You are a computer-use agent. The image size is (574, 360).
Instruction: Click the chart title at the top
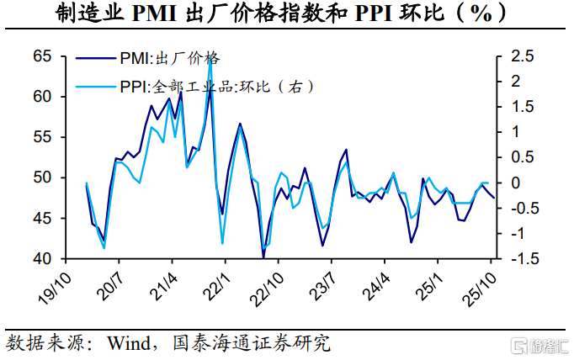tap(287, 14)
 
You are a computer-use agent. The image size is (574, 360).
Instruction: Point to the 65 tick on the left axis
tap(43, 56)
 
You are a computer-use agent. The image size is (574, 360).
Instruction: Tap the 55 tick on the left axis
tap(43, 137)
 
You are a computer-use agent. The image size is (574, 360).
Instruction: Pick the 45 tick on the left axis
tap(43, 218)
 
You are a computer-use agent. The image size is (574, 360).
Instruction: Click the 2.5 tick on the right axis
tap(523, 56)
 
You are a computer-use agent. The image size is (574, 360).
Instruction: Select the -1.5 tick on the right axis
tap(521, 258)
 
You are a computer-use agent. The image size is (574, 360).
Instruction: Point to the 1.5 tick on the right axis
tap(523, 107)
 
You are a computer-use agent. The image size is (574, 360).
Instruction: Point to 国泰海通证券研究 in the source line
tap(252, 343)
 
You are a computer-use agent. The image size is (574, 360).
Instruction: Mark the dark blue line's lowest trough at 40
tap(263, 257)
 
